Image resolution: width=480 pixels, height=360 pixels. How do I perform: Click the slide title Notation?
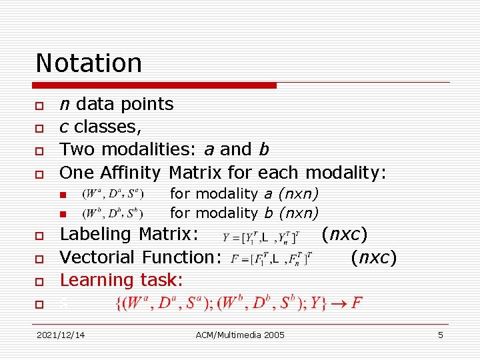coord(89,63)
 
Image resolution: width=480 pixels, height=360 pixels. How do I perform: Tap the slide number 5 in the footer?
coord(440,335)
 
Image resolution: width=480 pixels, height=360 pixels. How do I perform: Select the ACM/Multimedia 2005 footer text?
coord(240,335)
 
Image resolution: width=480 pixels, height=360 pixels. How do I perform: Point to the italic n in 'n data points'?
coord(65,105)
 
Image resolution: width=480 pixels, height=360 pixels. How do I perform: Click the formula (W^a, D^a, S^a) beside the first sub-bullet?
coord(112,195)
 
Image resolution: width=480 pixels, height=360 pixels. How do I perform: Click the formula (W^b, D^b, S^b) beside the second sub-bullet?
coord(112,214)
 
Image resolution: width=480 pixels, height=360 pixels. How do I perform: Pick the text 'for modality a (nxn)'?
coord(244,194)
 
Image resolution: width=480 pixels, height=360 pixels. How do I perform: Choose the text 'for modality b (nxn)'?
coord(244,213)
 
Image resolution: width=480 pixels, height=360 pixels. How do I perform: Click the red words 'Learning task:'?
coord(121,280)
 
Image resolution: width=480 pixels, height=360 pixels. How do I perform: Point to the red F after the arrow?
coord(357,303)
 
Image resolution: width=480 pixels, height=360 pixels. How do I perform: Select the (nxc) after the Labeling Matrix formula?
coord(344,234)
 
